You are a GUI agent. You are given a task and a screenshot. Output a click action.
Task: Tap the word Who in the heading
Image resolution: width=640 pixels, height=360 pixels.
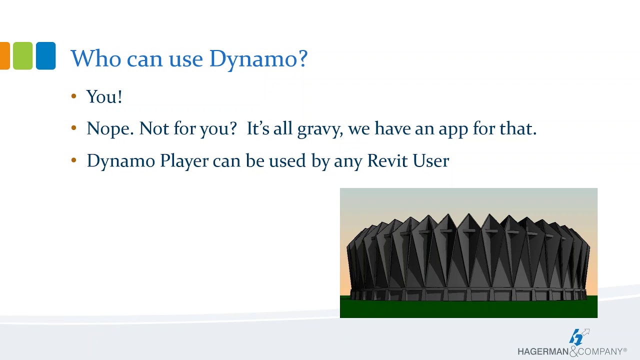point(95,58)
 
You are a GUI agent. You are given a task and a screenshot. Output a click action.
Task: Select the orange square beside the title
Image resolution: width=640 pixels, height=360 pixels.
point(4,55)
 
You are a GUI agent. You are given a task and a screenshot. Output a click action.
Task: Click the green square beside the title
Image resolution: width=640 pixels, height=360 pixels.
point(22,55)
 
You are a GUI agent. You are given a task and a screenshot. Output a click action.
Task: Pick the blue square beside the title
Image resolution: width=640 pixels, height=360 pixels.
point(45,55)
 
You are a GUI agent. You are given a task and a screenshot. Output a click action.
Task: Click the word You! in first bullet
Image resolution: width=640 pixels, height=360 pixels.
point(104,96)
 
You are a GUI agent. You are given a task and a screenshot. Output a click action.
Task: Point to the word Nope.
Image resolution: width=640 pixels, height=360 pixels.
point(110,128)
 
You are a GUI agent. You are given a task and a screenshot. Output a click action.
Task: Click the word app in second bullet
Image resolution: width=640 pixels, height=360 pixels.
point(453,129)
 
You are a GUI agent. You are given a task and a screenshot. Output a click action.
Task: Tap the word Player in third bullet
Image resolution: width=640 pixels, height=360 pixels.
point(183,161)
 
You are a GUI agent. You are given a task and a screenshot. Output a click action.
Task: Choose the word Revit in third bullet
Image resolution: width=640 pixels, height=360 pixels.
point(386,160)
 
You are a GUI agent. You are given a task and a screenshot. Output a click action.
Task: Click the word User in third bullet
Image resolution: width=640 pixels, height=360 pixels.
point(429,160)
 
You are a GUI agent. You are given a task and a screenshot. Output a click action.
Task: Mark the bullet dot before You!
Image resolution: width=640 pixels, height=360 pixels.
point(74,96)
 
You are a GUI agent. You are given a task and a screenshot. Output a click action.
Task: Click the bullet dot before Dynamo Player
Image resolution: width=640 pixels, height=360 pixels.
point(74,160)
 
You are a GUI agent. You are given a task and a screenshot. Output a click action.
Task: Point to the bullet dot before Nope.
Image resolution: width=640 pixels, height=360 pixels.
point(74,128)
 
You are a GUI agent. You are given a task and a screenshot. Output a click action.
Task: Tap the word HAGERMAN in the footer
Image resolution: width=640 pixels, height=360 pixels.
point(543,352)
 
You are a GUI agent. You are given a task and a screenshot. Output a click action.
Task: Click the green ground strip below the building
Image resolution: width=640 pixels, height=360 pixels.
point(468,307)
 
